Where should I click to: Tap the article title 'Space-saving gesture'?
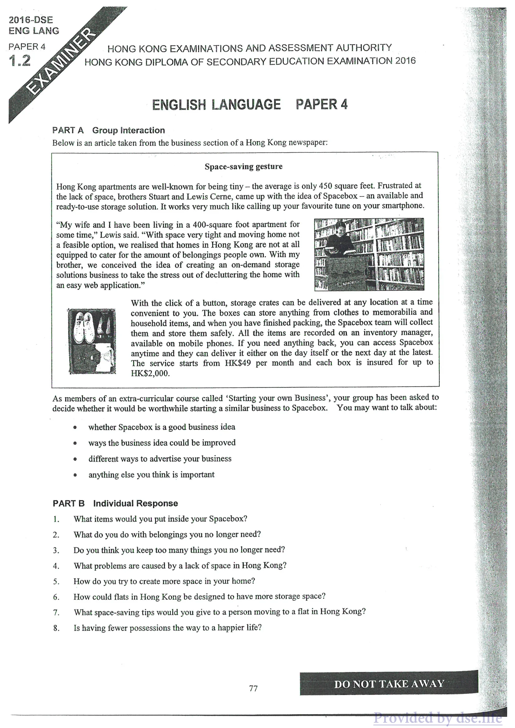[x=243, y=166]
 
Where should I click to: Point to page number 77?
[x=253, y=688]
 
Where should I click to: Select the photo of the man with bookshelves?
[x=369, y=254]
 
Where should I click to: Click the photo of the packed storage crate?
[x=92, y=341]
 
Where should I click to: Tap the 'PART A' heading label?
[x=68, y=130]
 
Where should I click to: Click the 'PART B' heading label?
[x=69, y=503]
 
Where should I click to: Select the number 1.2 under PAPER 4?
[x=20, y=60]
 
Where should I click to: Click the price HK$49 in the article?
[x=237, y=363]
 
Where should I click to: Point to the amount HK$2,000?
[x=150, y=373]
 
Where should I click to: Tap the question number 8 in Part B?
[x=56, y=628]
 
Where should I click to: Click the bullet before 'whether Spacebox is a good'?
[x=75, y=427]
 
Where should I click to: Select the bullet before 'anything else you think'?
[x=75, y=475]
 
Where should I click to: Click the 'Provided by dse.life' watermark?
[x=438, y=718]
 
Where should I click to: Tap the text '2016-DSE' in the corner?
[x=31, y=20]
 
